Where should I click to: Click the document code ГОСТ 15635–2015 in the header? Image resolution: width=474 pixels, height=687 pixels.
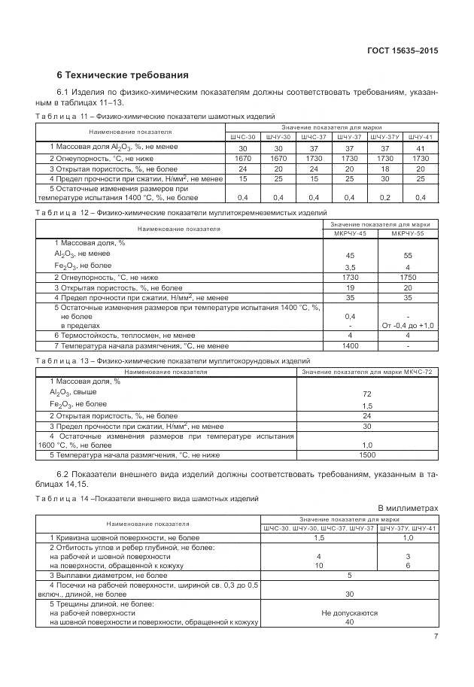402,51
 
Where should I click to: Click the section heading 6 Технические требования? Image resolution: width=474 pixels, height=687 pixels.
123,75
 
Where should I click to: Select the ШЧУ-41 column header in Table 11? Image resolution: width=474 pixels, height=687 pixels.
421,137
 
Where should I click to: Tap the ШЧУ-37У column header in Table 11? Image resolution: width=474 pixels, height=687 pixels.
384,137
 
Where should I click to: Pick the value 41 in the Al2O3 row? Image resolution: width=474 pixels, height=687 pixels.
421,148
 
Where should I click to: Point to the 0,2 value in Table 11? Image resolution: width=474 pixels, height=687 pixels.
384,197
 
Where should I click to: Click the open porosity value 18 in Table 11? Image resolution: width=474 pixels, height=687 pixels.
384,169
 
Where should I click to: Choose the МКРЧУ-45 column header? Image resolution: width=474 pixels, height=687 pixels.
350,233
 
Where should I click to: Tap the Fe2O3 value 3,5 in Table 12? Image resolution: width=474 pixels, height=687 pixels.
350,267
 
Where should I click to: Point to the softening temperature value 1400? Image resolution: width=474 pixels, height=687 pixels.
350,345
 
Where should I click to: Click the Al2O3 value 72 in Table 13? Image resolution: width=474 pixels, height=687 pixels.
367,394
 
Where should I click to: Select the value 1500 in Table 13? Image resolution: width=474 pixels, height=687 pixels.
367,455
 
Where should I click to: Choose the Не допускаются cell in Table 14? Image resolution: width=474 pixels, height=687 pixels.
349,613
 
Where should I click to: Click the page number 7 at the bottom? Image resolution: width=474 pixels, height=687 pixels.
436,637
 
